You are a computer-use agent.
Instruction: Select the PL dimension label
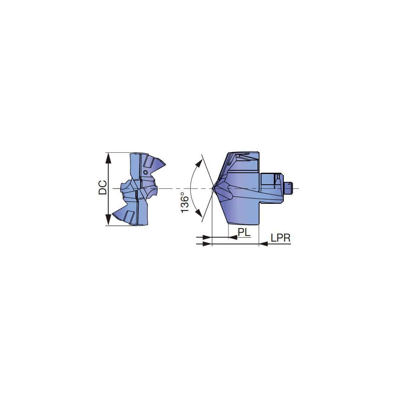point(244,232)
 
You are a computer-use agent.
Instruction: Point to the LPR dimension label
point(281,238)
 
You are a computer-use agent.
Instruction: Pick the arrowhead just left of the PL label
point(233,238)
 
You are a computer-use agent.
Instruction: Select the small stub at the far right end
point(290,187)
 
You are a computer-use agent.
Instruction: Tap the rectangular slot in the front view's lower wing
point(129,217)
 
